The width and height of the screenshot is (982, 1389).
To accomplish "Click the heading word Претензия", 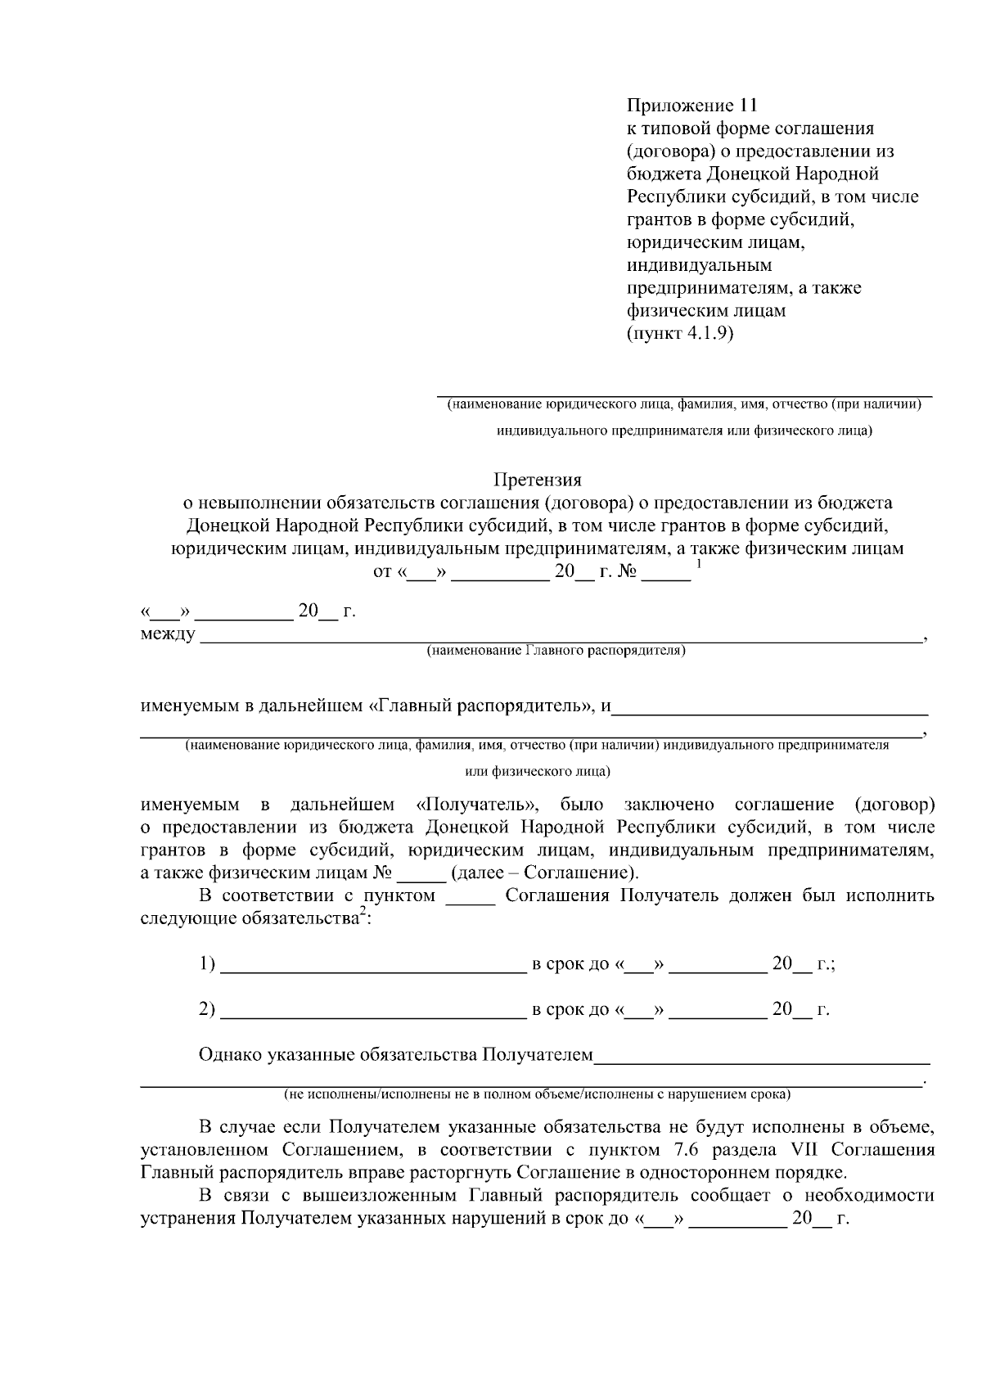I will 537,480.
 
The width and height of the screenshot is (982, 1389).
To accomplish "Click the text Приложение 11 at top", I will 692,106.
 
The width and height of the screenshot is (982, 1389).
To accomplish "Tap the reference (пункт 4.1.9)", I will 679,334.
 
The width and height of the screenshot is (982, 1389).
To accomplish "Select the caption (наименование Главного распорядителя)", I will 556,651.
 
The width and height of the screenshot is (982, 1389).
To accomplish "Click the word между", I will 168,634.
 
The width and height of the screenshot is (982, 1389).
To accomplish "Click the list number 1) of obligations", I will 207,964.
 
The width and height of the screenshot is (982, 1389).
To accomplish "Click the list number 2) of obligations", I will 207,1009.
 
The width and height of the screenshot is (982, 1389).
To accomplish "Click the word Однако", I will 230,1055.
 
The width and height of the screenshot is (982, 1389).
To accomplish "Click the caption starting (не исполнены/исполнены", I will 537,1094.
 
